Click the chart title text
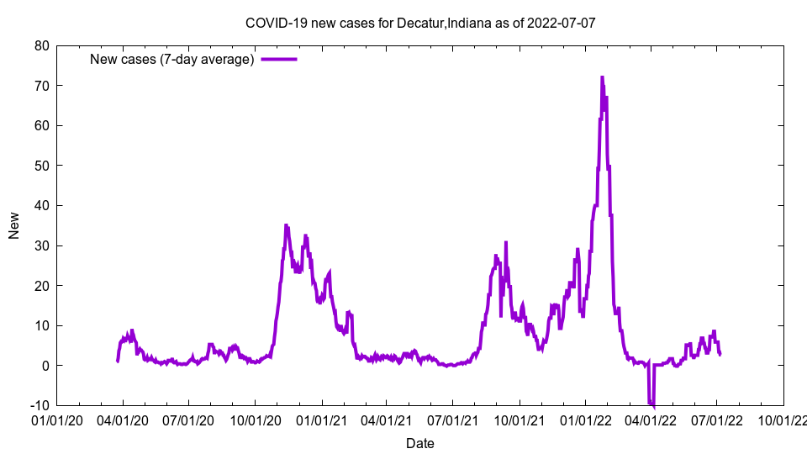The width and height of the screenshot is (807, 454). coord(419,23)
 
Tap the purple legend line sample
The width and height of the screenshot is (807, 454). coord(278,59)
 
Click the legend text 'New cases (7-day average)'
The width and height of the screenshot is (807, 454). coord(172,59)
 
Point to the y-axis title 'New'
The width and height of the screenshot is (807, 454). coord(14,225)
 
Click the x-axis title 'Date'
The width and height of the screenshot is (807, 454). coord(419,443)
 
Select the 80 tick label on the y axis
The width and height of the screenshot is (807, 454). coord(41,45)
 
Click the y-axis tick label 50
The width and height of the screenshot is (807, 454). coord(41,166)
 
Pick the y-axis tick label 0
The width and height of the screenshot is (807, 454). coord(45,366)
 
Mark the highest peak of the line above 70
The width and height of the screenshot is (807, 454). coord(602,77)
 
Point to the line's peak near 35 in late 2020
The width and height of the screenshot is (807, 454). coord(286,225)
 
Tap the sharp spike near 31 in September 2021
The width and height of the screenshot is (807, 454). coord(506,242)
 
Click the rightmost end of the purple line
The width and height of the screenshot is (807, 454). coord(720,354)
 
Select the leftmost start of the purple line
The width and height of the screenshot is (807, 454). coord(117,361)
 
